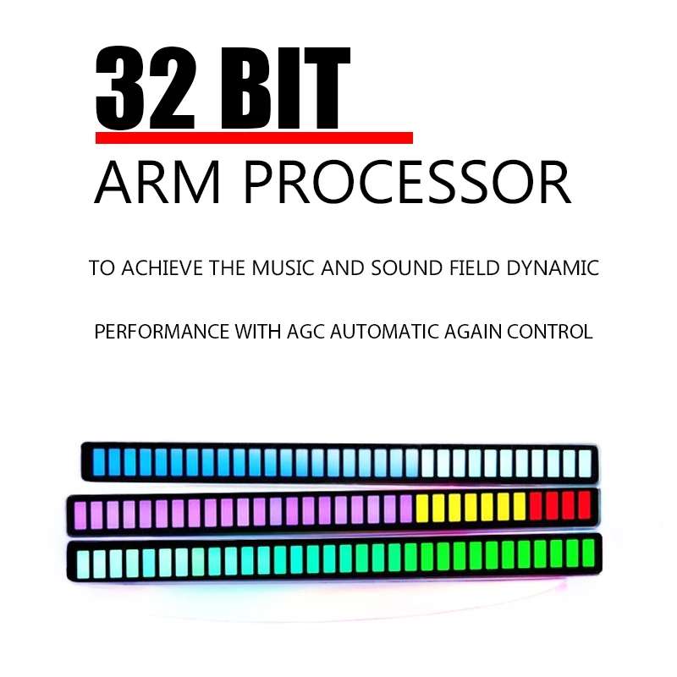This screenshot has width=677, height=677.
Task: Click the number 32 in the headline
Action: tap(146, 88)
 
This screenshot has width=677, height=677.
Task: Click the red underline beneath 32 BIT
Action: tap(255, 138)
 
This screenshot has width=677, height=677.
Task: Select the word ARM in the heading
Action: tap(157, 183)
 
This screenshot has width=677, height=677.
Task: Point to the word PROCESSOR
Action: tap(407, 183)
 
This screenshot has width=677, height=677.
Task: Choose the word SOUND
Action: tap(408, 268)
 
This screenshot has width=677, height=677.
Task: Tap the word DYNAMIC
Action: tap(553, 268)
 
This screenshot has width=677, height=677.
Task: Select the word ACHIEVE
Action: tap(162, 268)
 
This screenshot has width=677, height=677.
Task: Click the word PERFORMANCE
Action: tap(162, 332)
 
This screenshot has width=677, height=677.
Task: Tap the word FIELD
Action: tap(475, 268)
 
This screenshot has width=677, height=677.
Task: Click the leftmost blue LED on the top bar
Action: tap(99, 462)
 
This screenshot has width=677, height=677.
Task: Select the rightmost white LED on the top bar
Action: tap(585, 464)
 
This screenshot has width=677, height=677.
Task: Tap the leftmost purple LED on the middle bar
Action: tap(80, 515)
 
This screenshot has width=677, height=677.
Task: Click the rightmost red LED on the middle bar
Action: tap(584, 504)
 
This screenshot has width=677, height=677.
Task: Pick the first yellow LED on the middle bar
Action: tap(421, 508)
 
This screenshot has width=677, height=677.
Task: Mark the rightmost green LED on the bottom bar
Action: tap(588, 553)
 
